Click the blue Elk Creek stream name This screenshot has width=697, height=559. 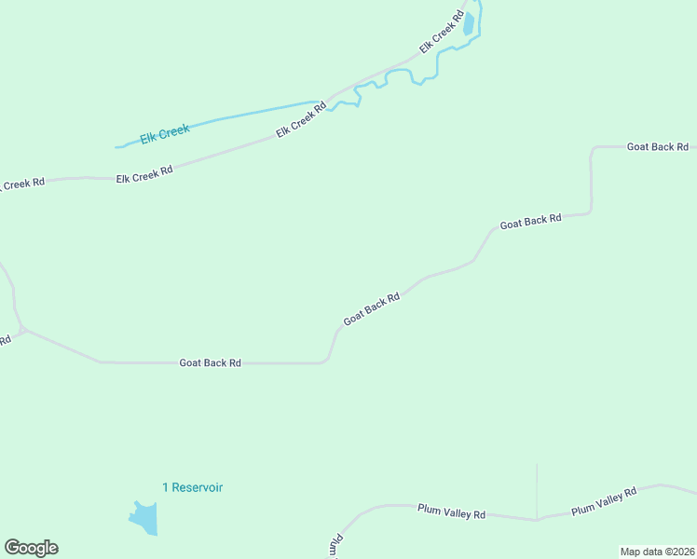(x=165, y=134)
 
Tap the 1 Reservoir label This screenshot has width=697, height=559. (x=192, y=487)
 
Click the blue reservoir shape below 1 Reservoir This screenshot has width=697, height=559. (x=145, y=518)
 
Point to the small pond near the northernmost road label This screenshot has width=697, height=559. (x=469, y=23)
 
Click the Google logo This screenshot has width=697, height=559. (x=31, y=548)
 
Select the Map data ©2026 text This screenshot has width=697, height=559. (x=657, y=552)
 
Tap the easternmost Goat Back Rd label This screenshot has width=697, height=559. (x=657, y=147)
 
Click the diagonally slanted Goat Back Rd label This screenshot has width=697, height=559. (x=372, y=309)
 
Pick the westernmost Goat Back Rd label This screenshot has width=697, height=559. (x=211, y=362)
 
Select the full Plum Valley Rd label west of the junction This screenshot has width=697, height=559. (x=452, y=513)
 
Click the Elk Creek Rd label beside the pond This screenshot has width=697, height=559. (x=442, y=32)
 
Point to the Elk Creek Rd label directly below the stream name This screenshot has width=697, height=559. (x=144, y=175)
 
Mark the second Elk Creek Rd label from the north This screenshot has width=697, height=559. (x=301, y=120)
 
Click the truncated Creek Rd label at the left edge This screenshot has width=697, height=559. (x=20, y=184)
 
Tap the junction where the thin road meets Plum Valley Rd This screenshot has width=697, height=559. (x=537, y=519)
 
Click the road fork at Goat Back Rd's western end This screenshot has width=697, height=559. (x=23, y=329)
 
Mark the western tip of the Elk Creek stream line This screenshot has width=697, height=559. (x=116, y=147)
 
